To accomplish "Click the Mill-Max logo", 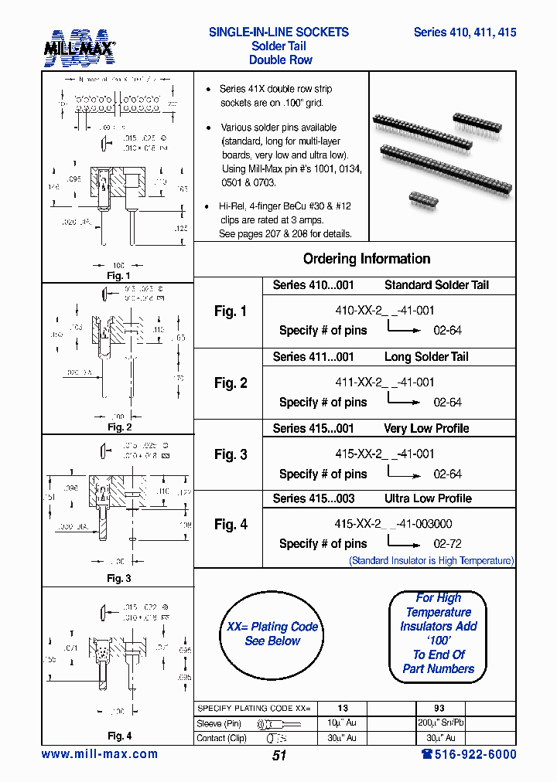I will tap(79, 48).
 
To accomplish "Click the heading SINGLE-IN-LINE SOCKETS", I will tap(278, 32).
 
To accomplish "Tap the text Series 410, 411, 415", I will tap(464, 32).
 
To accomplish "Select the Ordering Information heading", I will tap(366, 259).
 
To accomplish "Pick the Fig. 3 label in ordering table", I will tap(231, 454).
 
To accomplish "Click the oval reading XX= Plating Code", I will tap(272, 634).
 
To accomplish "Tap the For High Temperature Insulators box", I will tap(438, 633).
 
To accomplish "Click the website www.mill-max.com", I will tap(99, 754).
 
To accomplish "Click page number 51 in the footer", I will tap(279, 756).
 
